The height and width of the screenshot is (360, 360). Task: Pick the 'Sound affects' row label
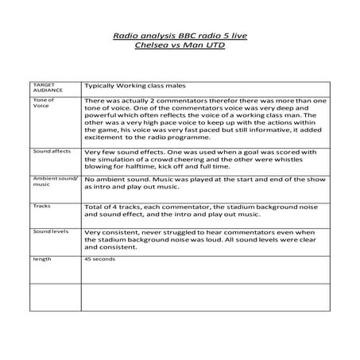click(50, 150)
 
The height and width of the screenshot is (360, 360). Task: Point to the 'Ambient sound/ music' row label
click(54, 183)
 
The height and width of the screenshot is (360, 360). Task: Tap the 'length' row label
click(41, 259)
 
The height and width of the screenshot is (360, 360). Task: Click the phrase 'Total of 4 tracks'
click(114, 206)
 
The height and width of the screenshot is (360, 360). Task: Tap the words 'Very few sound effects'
click(126, 150)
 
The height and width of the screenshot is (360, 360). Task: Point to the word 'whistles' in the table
click(312, 158)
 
